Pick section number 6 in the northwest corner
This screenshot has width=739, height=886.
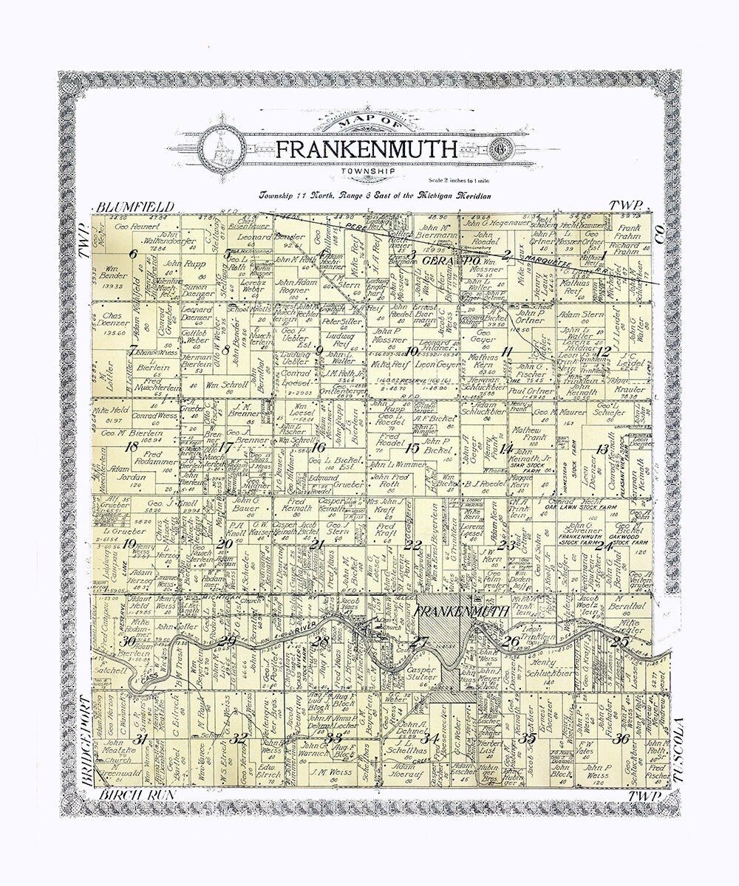click(x=134, y=254)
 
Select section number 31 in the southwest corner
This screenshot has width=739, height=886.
click(x=138, y=738)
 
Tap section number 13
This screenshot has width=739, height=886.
click(x=603, y=448)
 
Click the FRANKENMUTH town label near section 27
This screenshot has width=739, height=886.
click(x=462, y=612)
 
